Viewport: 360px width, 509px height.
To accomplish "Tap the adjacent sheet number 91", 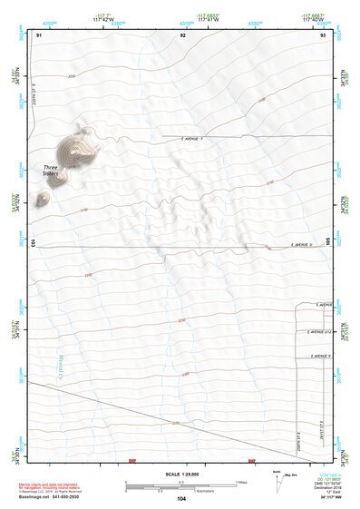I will tap(39, 34).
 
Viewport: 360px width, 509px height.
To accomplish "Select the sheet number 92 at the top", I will tap(183, 34).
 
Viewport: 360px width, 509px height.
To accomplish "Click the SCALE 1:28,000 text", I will tap(180, 475).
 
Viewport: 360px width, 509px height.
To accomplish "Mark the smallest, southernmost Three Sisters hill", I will tap(42, 199).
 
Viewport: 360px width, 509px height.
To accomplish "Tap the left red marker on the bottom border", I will tap(133, 461).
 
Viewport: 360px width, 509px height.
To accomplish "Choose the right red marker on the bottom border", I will tap(251, 461).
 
